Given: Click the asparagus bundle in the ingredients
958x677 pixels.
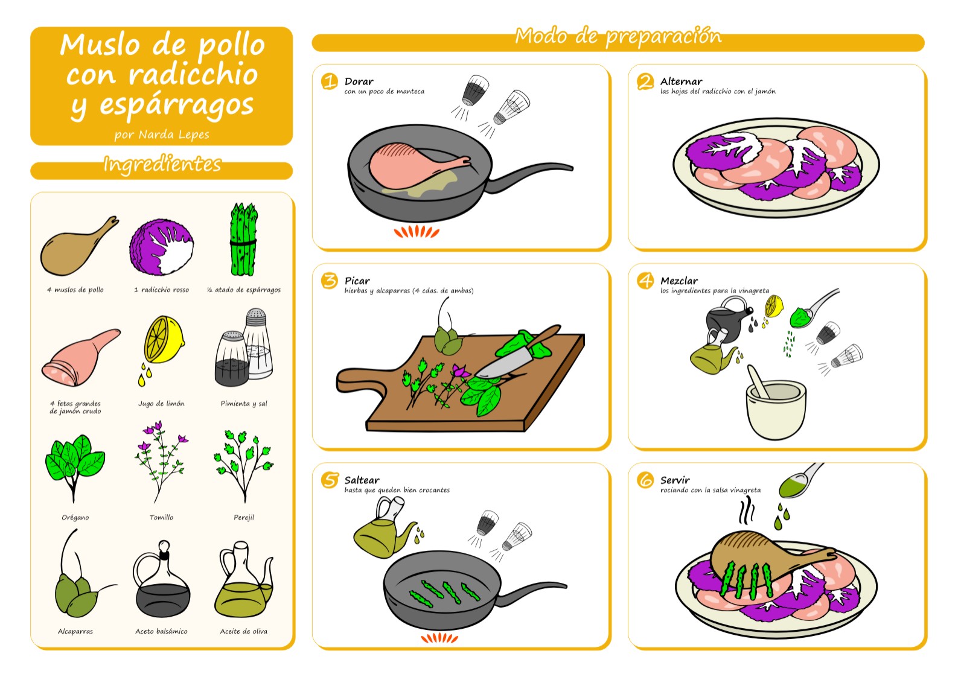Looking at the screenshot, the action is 243,240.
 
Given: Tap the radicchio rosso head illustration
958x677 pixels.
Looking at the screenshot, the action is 162,247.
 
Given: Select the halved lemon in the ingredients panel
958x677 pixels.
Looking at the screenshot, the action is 163,341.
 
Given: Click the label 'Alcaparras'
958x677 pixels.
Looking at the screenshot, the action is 75,631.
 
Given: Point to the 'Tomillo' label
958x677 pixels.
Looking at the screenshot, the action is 161,517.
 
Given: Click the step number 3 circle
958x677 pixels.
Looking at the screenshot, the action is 330,281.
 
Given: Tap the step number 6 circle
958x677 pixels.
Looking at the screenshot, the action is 645,480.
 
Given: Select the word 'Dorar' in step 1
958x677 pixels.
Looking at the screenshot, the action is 359,81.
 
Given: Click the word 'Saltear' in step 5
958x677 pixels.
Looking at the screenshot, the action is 362,480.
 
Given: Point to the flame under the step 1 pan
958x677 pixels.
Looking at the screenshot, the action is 417,232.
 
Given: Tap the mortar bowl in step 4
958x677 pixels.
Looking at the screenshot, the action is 776,410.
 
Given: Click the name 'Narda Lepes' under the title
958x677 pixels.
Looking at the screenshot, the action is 174,135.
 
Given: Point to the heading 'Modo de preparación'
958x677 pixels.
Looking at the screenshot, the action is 618,36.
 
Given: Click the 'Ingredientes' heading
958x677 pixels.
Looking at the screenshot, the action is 162,165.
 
